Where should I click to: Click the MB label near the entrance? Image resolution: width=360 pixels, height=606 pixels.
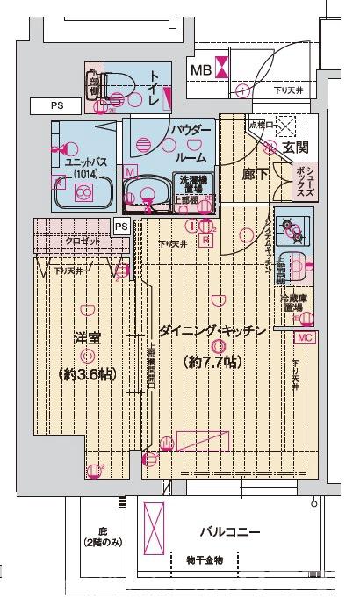[x=201, y=69]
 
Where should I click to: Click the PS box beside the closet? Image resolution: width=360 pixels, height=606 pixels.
[x=121, y=227]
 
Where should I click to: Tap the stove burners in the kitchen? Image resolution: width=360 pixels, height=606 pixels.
[x=291, y=231]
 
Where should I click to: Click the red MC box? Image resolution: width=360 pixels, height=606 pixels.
[x=304, y=337]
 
